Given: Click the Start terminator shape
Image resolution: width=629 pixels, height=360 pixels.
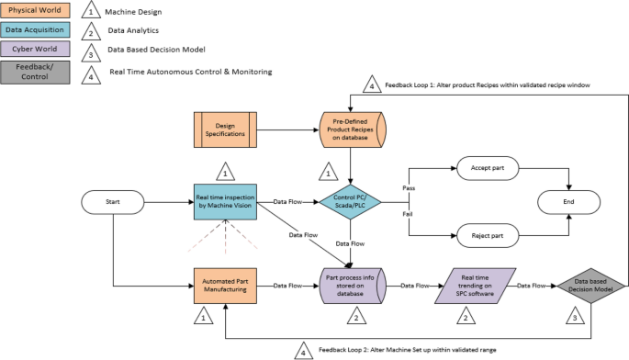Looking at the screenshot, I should [111, 200].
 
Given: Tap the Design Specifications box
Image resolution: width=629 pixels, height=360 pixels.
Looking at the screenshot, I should [225, 130].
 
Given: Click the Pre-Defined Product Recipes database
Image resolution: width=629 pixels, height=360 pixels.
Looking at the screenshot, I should [353, 130].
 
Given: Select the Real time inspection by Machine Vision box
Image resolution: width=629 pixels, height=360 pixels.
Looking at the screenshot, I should [225, 200].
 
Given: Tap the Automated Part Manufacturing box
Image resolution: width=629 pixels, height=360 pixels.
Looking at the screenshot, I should [225, 286].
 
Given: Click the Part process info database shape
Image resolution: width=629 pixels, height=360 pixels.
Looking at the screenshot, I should [353, 286].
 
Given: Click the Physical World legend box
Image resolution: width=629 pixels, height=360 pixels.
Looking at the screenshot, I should [36, 11].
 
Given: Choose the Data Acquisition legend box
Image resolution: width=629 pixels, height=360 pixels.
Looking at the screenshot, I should [36, 30].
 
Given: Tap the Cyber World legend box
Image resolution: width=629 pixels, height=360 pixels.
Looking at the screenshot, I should [36, 50].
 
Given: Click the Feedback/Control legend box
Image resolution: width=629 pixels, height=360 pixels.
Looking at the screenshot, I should [36, 73].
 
